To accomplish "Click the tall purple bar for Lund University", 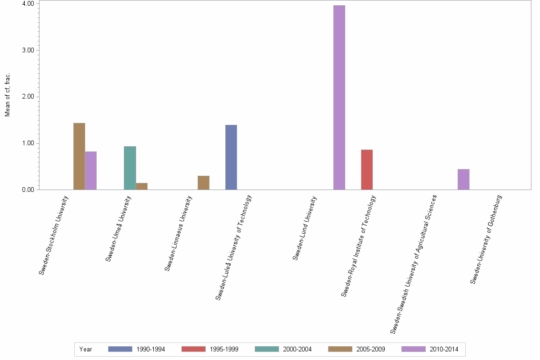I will tap(339, 98).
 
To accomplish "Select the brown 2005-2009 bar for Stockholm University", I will tap(79, 156).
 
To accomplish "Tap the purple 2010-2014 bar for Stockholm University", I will tap(90, 170).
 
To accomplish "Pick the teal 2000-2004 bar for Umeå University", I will tap(130, 168).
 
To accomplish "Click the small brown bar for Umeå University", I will tap(141, 186).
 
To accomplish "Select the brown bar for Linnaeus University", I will tap(203, 183).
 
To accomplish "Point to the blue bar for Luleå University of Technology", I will tap(231, 157).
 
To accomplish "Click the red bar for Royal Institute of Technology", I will tap(367, 170).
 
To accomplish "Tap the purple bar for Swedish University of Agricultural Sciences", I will tap(463, 180).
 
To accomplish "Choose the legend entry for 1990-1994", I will tap(137, 350).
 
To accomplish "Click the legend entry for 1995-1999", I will tap(210, 350).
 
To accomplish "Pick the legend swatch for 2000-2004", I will tap(267, 350).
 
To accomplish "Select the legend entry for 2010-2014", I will tap(430, 350).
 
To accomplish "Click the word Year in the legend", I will tap(86, 350).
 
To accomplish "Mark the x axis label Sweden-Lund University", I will tap(305, 228).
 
